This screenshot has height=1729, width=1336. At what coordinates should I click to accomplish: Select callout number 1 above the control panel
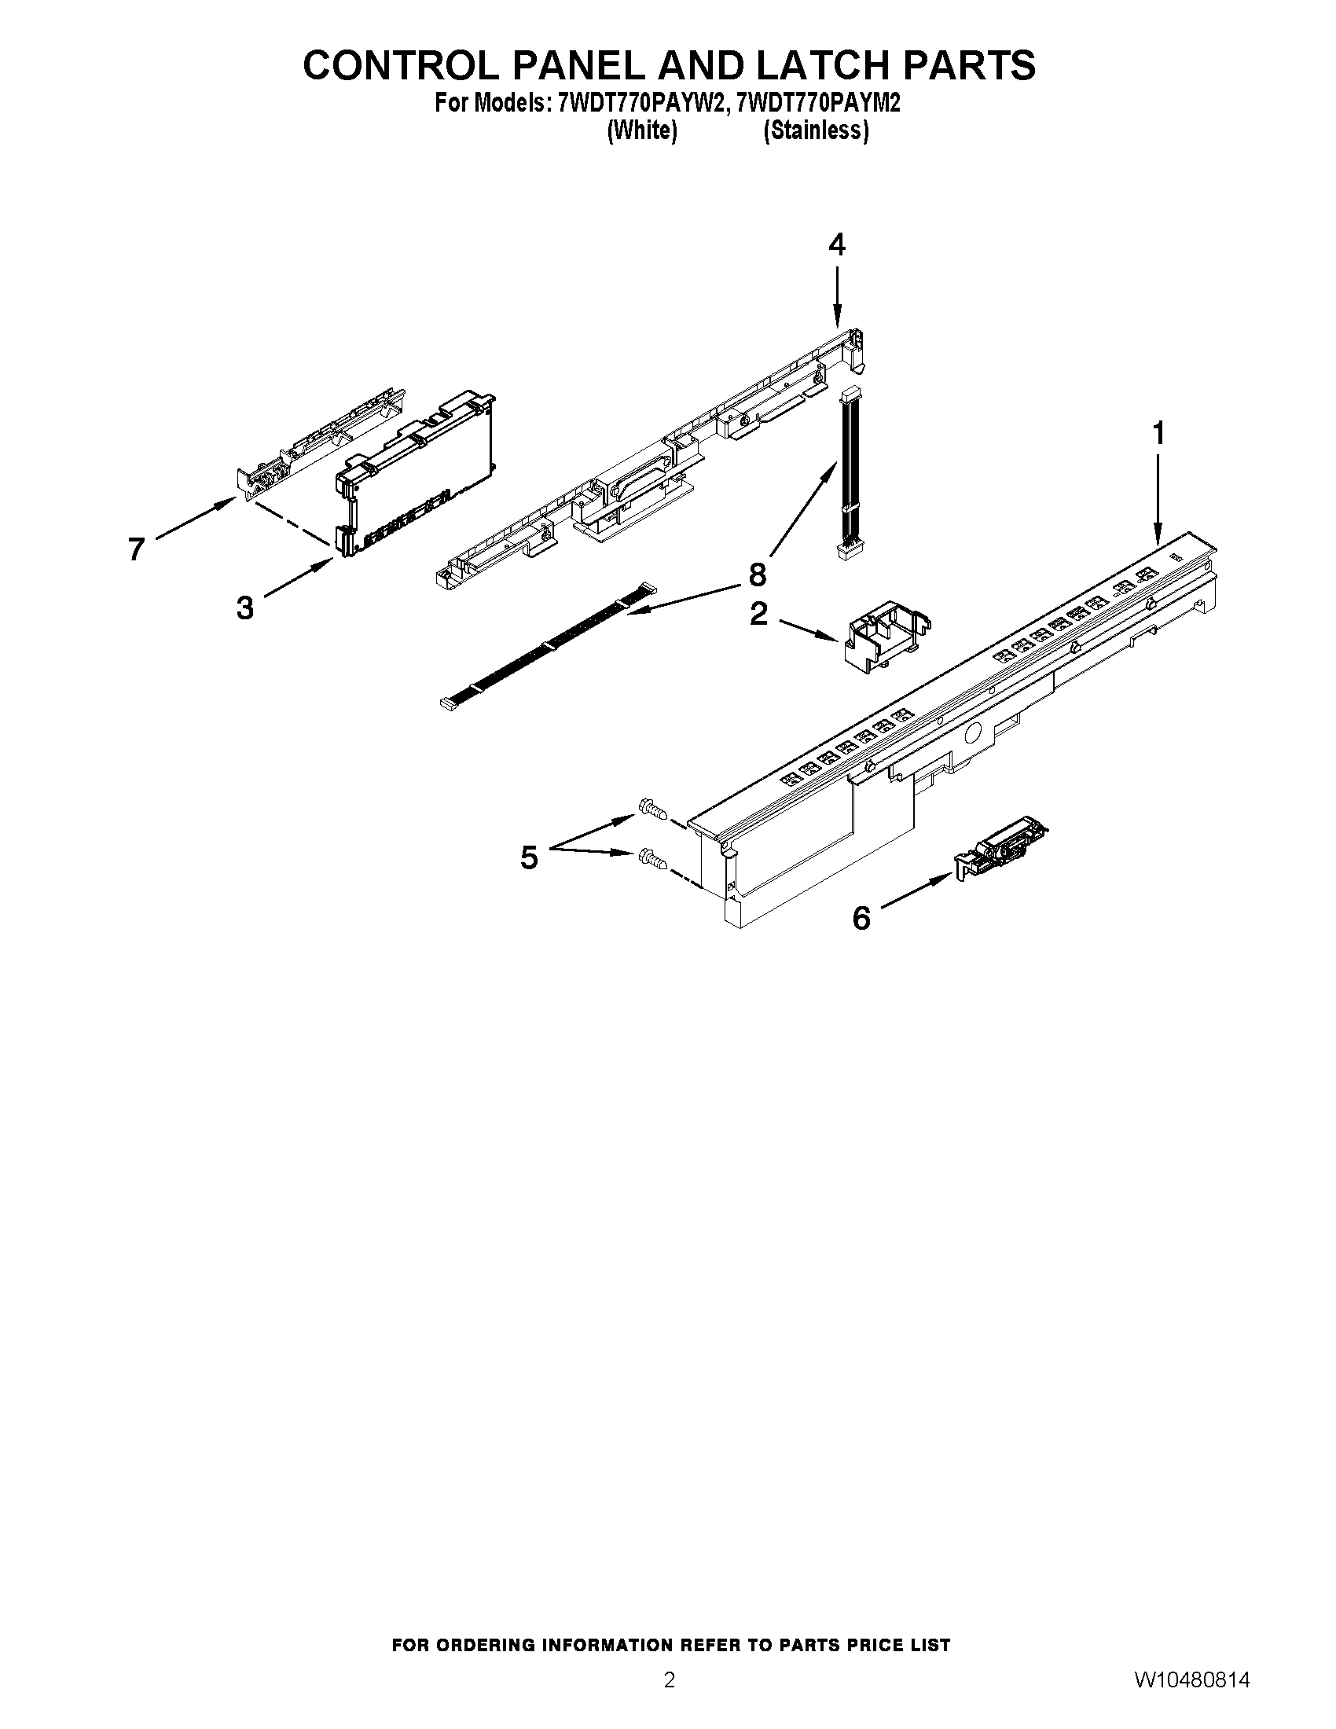(x=1158, y=434)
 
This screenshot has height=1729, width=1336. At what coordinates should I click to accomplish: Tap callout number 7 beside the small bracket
(x=136, y=549)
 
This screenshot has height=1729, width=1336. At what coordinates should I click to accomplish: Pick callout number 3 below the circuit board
(x=245, y=608)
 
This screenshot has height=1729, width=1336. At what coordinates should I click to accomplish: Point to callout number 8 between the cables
(x=758, y=574)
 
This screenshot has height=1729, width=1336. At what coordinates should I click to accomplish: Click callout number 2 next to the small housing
(x=758, y=614)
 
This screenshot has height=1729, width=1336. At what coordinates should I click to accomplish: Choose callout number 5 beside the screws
(x=529, y=857)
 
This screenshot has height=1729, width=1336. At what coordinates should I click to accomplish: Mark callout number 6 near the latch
(x=861, y=918)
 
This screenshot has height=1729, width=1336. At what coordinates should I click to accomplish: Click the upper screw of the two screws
(x=651, y=809)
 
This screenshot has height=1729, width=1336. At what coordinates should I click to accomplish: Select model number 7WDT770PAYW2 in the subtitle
(x=642, y=104)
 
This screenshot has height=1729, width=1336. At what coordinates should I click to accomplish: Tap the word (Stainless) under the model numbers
(x=815, y=130)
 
